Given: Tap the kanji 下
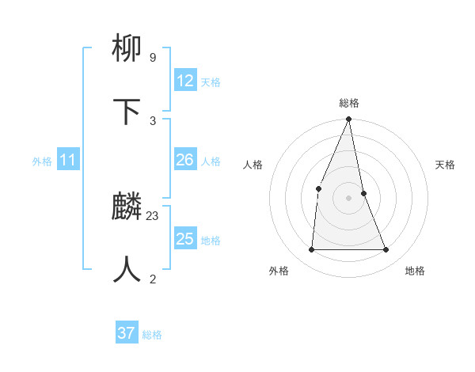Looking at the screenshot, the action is tap(127, 111).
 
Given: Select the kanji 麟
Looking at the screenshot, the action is tap(127, 207).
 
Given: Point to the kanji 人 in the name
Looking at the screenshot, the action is tap(127, 269).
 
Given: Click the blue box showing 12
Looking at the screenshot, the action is tap(185, 81).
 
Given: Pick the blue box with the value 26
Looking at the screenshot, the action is tap(185, 160).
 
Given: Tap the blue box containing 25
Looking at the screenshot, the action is tap(185, 239).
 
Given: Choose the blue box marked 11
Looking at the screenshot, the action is tap(68, 161).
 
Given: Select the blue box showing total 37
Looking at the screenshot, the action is tap(127, 333).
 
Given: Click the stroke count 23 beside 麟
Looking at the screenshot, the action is tap(153, 215).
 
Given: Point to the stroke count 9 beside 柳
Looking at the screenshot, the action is tap(152, 58).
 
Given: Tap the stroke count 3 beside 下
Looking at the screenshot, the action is tap(153, 120).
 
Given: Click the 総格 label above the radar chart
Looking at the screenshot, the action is tap(349, 103).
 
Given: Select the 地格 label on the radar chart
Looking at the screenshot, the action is tap(415, 271).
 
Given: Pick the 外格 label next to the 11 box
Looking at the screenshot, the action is tap(42, 161).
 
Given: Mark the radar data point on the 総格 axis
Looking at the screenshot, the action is tap(348, 120).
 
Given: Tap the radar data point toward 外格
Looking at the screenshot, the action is tap(311, 249).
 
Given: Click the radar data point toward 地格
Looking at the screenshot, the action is tap(386, 249).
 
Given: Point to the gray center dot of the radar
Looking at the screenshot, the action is tap(348, 198).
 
